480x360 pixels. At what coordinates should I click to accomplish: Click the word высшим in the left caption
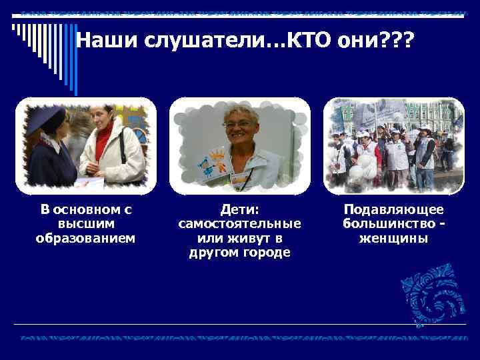pyautogui.click(x=86, y=223)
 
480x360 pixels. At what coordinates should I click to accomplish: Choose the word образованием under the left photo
pyautogui.click(x=86, y=238)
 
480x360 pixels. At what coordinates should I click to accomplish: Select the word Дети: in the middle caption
pyautogui.click(x=239, y=209)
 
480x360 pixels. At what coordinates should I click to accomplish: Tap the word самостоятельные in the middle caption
pyautogui.click(x=239, y=224)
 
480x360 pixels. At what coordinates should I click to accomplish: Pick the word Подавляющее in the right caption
pyautogui.click(x=393, y=209)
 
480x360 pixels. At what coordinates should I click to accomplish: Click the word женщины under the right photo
pyautogui.click(x=393, y=238)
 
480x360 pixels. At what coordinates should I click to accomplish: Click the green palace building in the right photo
pyautogui.click(x=433, y=113)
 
